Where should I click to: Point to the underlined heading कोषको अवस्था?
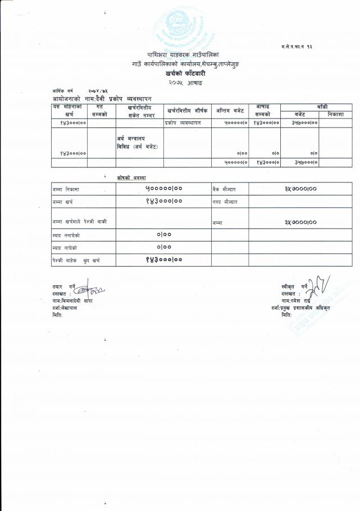point(131,177)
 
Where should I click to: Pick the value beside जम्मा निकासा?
point(163,189)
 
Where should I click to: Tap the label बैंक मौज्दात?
point(224,189)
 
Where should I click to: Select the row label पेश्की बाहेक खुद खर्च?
point(76,260)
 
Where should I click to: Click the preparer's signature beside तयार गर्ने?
point(90,291)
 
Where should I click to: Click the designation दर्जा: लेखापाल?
point(65,308)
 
